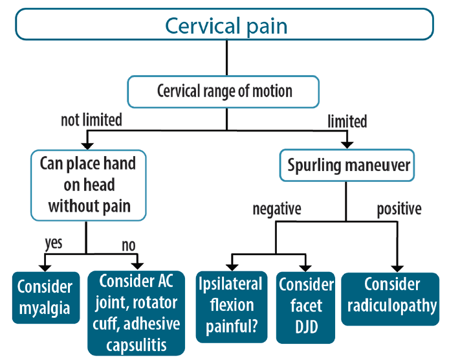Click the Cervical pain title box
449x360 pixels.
pos(224,26)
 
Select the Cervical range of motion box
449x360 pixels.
pos(224,91)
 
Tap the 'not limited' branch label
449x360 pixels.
pos(91,120)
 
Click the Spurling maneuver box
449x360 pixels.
pos(347,165)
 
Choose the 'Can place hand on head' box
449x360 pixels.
pos(87,185)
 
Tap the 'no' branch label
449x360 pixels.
pos(129,245)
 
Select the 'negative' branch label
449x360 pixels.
pos(276,209)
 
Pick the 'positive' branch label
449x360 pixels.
pos(399,209)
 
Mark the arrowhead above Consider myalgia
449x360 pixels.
pos(44,265)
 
